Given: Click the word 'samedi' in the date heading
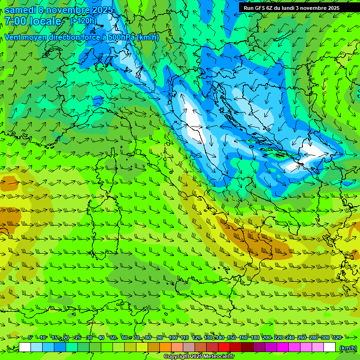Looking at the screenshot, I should [20, 9].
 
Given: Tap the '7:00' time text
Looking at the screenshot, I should [16, 21].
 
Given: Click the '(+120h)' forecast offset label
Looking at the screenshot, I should [83, 21].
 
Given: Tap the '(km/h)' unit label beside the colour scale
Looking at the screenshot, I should [347, 347].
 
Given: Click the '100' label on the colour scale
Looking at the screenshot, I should [173, 337].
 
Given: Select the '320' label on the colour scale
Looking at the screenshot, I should [337, 337].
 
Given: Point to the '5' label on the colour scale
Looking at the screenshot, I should [30, 337].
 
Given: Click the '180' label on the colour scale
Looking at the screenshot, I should [255, 337].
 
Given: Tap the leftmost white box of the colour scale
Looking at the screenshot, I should [25, 347].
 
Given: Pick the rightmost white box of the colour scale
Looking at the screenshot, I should [330, 347].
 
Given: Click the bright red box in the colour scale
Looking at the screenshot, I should [224, 347].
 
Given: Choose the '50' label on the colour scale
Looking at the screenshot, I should [113, 337].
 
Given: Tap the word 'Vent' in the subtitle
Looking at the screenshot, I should [13, 37].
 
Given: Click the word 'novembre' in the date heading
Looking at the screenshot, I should [67, 9].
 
